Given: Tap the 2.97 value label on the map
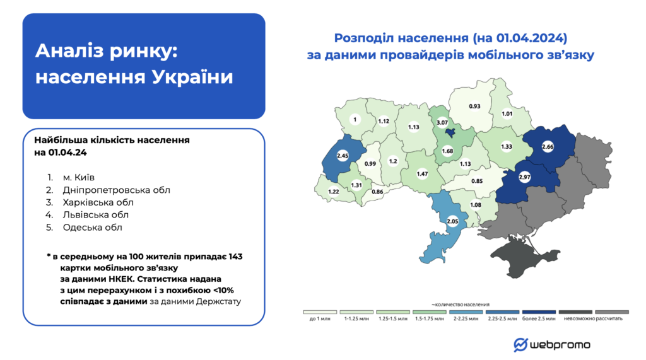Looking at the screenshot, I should point(524,178).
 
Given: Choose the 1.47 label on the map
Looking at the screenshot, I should point(422,172).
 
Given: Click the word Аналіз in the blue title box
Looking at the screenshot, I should point(69,52).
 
